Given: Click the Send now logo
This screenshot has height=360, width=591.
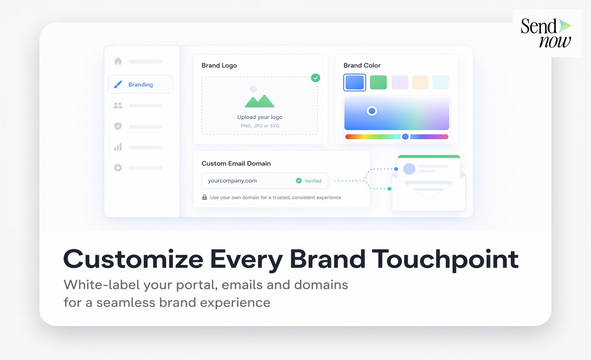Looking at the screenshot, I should tap(546, 33).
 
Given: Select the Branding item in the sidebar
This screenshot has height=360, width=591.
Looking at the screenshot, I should tap(140, 84).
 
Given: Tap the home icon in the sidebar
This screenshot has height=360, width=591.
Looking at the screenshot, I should tap(118, 61).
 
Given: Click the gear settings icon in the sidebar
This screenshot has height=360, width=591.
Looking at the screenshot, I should tap(118, 168).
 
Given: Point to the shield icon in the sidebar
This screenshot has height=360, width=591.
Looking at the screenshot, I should tap(118, 126).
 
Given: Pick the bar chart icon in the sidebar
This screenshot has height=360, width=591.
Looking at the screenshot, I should tap(118, 147).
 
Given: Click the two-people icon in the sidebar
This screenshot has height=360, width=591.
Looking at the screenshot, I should tap(118, 105).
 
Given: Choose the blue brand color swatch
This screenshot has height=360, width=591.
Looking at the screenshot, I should tap(355, 82).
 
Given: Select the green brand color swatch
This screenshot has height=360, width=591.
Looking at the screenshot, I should tap(378, 82).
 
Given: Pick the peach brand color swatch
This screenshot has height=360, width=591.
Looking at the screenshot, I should tap(420, 82).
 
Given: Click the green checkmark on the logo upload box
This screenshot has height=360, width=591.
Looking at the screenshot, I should tap(315, 78).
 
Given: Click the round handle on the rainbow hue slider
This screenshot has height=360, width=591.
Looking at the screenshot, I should tap(405, 137).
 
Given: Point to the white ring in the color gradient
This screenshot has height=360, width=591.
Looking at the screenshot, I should tap(372, 111).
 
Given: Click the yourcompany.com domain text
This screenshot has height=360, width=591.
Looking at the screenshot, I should tap(232, 181).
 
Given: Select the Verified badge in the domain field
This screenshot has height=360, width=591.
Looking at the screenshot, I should tap(309, 181).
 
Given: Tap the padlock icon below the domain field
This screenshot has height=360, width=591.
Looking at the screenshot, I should tap(205, 197).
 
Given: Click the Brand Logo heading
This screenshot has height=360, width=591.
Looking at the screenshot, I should tap(219, 66).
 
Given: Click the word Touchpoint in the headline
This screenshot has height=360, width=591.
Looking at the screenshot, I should tap(445, 259).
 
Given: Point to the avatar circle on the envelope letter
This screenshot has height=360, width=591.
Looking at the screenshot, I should tap(409, 168).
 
